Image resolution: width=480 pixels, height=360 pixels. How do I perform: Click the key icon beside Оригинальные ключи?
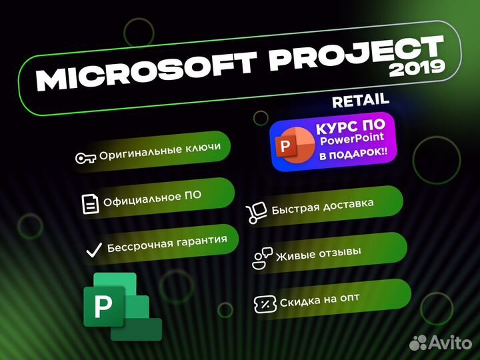[x=86, y=158]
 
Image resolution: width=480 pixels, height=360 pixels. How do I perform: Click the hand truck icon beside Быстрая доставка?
[x=257, y=213]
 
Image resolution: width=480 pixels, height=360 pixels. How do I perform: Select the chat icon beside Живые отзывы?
[x=261, y=257]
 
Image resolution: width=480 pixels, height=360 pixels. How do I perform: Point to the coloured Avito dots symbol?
[x=419, y=343]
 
